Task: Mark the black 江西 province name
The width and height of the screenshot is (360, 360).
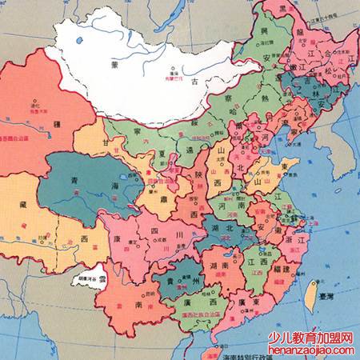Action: [257, 262]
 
